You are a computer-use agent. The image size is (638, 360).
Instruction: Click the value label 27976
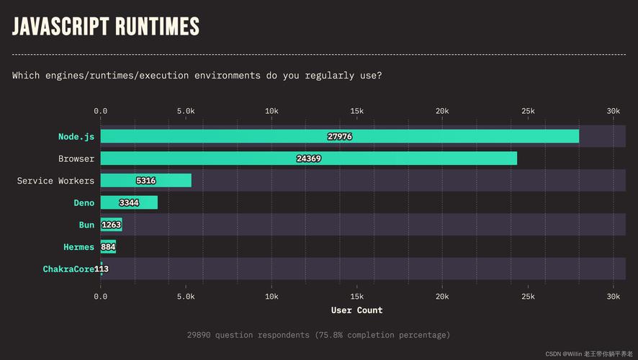(x=339, y=136)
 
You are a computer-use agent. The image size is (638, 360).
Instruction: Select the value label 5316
(x=145, y=181)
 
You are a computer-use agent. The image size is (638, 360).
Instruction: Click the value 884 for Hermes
(x=109, y=247)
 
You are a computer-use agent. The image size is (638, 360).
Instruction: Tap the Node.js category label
(x=76, y=136)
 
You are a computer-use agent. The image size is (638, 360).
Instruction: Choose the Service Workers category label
(x=55, y=181)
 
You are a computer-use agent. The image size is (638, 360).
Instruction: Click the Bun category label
(x=86, y=225)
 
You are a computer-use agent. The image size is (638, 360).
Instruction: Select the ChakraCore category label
(x=68, y=269)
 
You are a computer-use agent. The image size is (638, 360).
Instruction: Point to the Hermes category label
(x=78, y=247)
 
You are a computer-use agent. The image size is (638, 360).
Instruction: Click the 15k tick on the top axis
(x=356, y=111)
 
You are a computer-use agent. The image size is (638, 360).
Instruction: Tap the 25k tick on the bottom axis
(x=527, y=296)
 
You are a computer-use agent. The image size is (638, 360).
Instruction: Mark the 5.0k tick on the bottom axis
(x=186, y=296)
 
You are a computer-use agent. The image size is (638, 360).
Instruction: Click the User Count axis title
(x=356, y=310)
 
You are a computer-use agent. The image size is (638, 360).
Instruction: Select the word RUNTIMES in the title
(x=156, y=27)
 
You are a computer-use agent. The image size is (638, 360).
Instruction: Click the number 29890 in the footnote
(x=202, y=335)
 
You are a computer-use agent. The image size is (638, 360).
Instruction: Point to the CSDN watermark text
(x=553, y=354)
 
